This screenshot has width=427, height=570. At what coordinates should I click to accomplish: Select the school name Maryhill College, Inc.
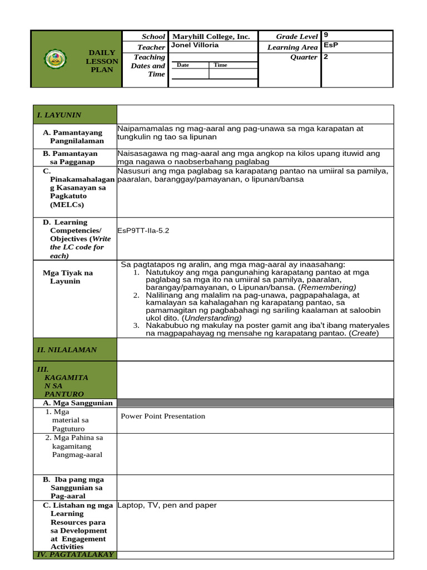tap(211, 37)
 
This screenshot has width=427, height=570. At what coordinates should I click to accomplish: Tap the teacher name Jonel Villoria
tap(195, 45)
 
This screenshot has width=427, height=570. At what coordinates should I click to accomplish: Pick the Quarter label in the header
tap(304, 57)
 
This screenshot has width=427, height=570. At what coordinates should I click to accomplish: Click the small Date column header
tap(183, 65)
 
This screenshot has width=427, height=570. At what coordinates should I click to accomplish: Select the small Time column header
tap(220, 65)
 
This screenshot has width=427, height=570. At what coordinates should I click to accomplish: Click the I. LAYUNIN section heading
tap(59, 115)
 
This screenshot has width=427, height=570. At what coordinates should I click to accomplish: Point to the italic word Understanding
tap(211, 318)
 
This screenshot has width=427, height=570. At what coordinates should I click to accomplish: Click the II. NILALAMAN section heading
tap(67, 350)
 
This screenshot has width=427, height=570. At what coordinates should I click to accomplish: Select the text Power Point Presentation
tap(163, 416)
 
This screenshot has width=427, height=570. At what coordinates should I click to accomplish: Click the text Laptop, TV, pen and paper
tap(167, 505)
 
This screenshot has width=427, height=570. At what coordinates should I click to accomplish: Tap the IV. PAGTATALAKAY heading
tap(75, 554)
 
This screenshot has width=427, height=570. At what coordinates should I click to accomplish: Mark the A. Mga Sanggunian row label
tap(78, 403)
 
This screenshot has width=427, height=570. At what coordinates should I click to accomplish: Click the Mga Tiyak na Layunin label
tap(68, 277)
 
